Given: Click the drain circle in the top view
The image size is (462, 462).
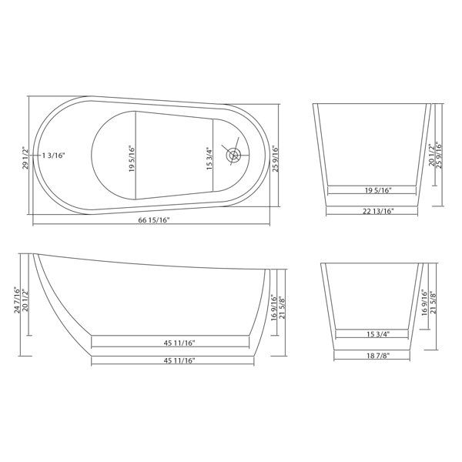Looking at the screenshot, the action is (x=233, y=155).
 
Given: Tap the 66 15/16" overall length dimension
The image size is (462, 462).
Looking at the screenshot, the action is (x=154, y=220).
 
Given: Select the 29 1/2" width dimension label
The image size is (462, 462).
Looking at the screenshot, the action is (x=25, y=158).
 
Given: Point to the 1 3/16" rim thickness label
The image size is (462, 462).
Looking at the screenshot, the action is (x=53, y=156).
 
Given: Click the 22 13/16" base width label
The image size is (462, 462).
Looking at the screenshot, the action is (x=378, y=211).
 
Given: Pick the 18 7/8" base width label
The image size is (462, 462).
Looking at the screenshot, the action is (x=378, y=356).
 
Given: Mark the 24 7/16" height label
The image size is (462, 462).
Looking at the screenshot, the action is (x=18, y=300).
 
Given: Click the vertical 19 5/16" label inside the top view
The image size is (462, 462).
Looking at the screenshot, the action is (x=132, y=159).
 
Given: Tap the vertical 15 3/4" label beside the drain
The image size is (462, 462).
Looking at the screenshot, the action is (x=209, y=159).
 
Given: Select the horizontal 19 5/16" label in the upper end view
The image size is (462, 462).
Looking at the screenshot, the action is (x=378, y=190).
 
